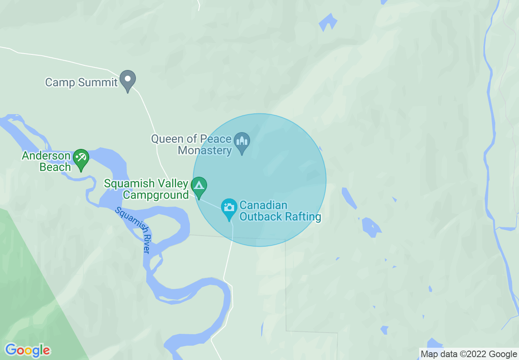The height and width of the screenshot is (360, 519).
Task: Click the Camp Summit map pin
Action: tap(128, 80)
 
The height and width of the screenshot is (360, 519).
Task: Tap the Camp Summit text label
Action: tap(81, 82)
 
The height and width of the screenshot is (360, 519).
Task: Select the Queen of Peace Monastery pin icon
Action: tap(242, 142)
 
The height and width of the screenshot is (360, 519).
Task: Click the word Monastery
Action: tap(205, 150)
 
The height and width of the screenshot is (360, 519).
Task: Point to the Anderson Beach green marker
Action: tap(81, 158)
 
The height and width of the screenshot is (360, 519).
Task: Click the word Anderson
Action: tap(46, 155)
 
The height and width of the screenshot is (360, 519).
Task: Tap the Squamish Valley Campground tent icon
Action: tap(199, 186)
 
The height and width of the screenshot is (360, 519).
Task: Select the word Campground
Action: tap(156, 195)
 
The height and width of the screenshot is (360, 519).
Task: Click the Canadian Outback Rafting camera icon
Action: tap(229, 207)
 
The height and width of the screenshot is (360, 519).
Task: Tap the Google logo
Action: tap(27, 350)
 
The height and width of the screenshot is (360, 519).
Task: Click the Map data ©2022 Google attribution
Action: tap(469, 354)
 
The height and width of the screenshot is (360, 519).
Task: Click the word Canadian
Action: tap(263, 205)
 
